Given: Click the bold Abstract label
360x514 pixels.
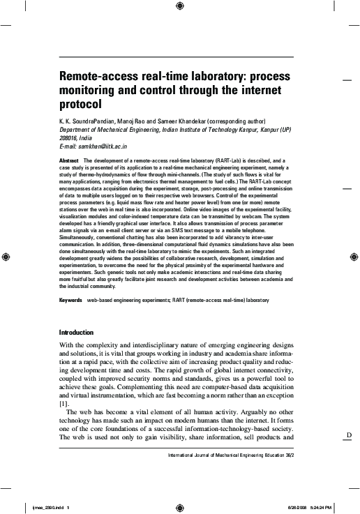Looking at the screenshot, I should [x=70, y=160].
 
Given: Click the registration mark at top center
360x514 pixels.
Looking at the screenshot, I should [x=180, y=7].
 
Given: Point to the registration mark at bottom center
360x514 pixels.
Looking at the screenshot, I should [x=180, y=506].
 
